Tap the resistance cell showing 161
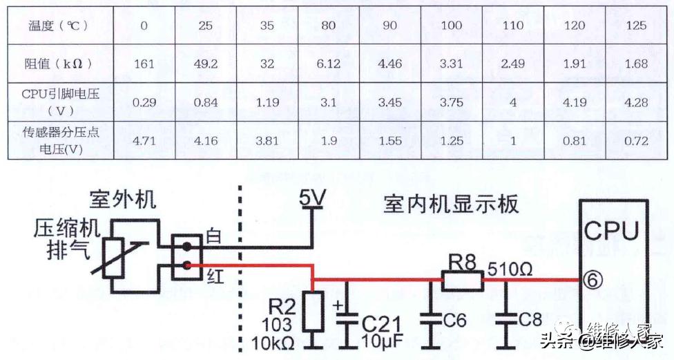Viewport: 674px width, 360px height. click(x=144, y=64)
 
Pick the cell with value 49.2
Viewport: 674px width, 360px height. click(x=206, y=64)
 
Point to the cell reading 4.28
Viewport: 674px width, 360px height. click(x=635, y=102)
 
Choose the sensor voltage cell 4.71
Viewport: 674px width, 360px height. click(x=144, y=140)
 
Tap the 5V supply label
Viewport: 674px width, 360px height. click(x=312, y=200)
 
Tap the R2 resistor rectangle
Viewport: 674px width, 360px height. click(x=314, y=310)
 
